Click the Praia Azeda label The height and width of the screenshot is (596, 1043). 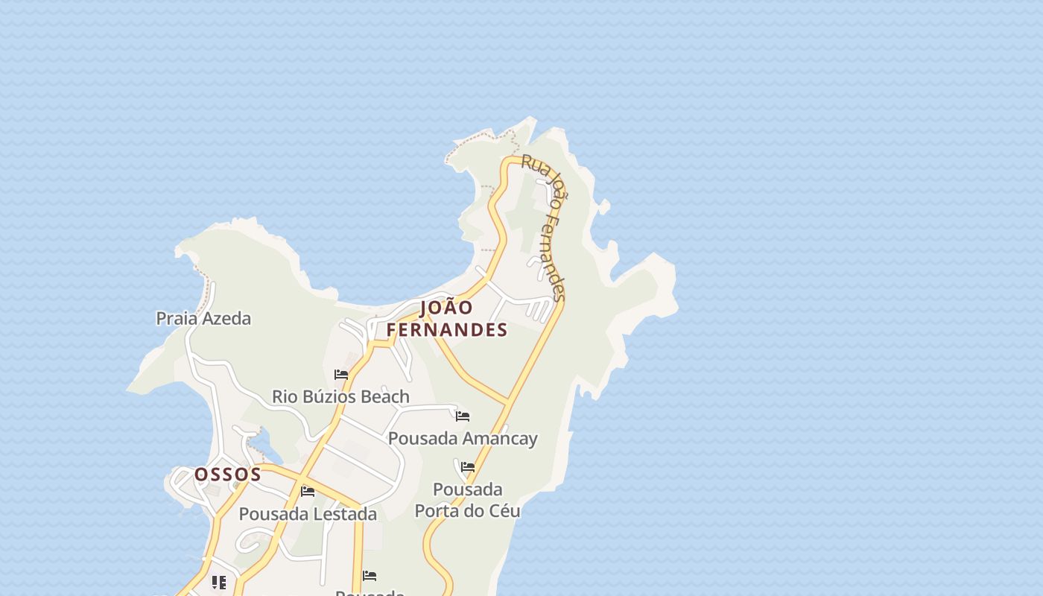pyautogui.click(x=203, y=319)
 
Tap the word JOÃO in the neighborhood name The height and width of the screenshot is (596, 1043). pyautogui.click(x=446, y=308)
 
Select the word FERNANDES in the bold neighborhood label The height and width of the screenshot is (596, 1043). pyautogui.click(x=447, y=329)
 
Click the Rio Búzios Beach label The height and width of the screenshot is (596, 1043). pyautogui.click(x=340, y=396)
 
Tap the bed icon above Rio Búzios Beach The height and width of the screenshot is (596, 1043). pyautogui.click(x=341, y=374)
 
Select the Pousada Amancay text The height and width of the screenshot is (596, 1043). pyautogui.click(x=463, y=438)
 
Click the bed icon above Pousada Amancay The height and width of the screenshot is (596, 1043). pyautogui.click(x=463, y=416)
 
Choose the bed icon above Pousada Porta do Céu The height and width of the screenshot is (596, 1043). pyautogui.click(x=468, y=467)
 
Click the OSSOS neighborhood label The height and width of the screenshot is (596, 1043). pyautogui.click(x=228, y=475)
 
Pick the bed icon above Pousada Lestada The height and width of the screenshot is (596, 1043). pyautogui.click(x=308, y=491)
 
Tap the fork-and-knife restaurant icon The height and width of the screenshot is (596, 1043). pyautogui.click(x=218, y=582)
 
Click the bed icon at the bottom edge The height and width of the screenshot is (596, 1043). pyautogui.click(x=369, y=575)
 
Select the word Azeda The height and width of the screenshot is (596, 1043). pyautogui.click(x=226, y=319)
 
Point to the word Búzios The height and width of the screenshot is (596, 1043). pyautogui.click(x=339, y=396)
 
